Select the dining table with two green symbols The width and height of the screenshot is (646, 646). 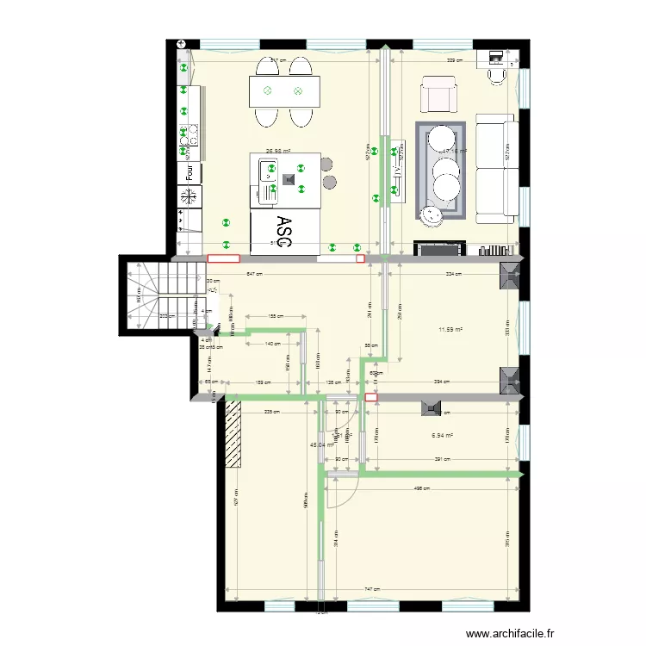pyautogui.click(x=283, y=90)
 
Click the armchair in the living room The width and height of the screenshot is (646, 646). pyautogui.click(x=438, y=95)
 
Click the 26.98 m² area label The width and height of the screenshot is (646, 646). pyautogui.click(x=277, y=149)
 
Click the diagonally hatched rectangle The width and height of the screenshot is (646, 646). pyautogui.click(x=233, y=436)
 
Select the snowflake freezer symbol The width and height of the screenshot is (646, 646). pyautogui.click(x=187, y=196)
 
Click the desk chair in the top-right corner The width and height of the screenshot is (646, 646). pyautogui.click(x=497, y=75)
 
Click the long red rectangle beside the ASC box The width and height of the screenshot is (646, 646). pyautogui.click(x=223, y=258)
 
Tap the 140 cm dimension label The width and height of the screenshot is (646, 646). pyautogui.click(x=272, y=344)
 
